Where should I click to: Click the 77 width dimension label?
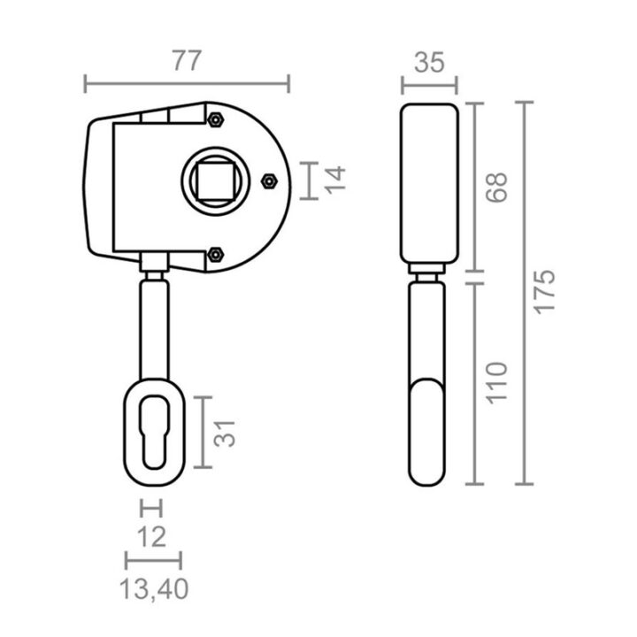tap(187, 61)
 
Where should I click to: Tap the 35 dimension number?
tap(429, 63)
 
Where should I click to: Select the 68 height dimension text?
tap(496, 188)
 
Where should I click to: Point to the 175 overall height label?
tap(543, 291)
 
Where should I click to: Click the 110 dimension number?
tap(496, 383)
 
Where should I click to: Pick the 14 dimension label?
tap(334, 180)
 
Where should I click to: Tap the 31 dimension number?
tap(224, 434)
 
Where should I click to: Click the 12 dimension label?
tap(151, 537)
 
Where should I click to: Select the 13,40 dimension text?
tap(154, 588)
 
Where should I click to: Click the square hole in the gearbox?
tap(215, 180)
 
